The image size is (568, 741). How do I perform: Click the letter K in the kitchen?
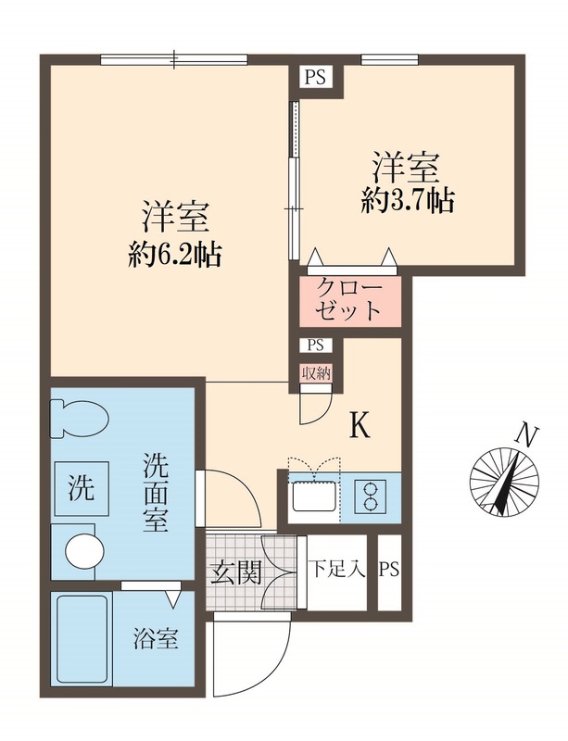360,425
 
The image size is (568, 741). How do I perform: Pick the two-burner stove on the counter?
374,496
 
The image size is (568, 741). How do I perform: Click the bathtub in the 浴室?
83,638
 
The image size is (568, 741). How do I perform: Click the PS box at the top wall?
315,77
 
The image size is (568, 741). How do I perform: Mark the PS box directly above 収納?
315,345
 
